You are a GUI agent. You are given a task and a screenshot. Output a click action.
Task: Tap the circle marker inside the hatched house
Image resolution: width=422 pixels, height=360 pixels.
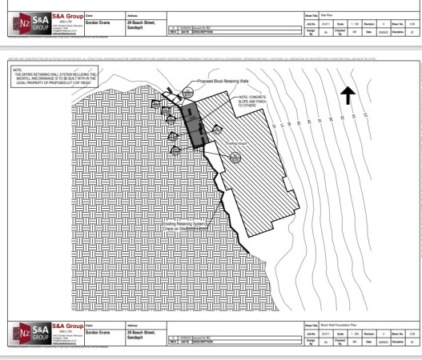click(235, 156)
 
